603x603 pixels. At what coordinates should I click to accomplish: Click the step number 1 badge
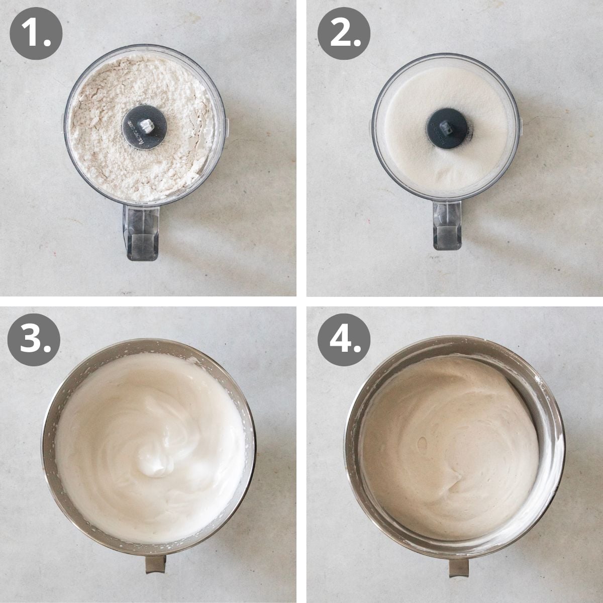[36, 35]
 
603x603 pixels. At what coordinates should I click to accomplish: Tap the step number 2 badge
[344, 35]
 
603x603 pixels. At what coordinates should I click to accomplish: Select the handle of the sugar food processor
[447, 224]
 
